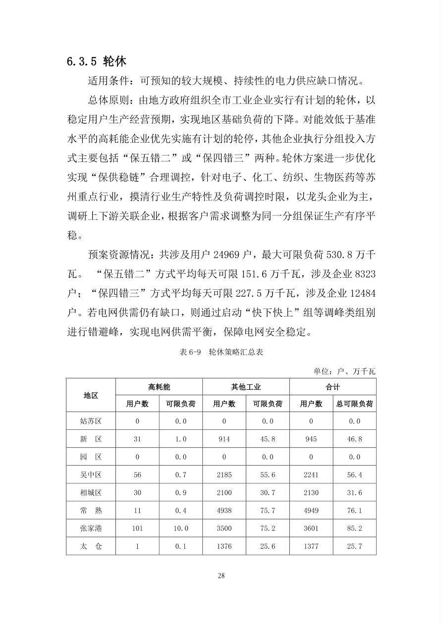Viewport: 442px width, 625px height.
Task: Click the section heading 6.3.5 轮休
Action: (97, 61)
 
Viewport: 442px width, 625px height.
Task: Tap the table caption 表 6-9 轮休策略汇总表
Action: (221, 352)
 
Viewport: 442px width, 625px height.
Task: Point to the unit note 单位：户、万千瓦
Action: (345, 371)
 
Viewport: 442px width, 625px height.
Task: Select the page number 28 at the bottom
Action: (221, 575)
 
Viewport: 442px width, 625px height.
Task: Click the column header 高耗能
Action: (159, 387)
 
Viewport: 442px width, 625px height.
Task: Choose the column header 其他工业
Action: (246, 387)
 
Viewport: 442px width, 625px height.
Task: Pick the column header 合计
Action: (332, 387)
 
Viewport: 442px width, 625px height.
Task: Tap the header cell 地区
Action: (91, 395)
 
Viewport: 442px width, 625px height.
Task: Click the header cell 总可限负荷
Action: (354, 404)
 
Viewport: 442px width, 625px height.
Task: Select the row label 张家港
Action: (91, 528)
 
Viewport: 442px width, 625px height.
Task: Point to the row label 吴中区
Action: (91, 475)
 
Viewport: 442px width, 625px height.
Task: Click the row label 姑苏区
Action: (91, 421)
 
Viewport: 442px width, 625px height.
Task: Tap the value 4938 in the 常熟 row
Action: (224, 511)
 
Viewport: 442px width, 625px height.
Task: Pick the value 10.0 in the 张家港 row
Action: (180, 528)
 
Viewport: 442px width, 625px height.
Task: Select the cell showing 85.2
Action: (354, 528)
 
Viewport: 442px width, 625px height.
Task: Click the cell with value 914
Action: (224, 439)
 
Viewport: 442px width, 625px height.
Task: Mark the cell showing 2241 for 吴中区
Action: (311, 475)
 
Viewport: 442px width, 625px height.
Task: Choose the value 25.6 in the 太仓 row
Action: (268, 546)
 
